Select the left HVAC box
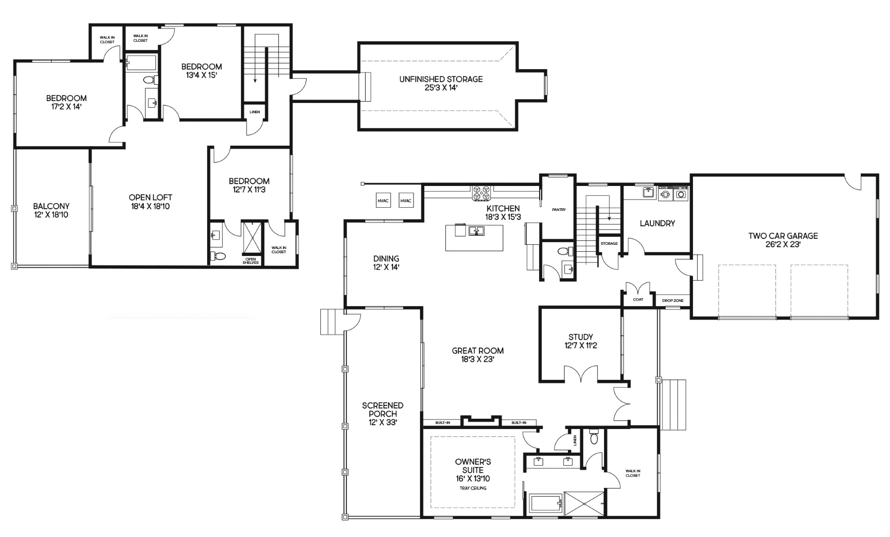point(383,201)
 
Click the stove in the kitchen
point(482,192)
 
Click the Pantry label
point(559,210)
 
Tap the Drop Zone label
point(673,300)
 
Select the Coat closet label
point(638,300)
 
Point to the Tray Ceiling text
point(473,488)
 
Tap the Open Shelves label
point(250,261)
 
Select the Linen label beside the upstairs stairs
point(254,112)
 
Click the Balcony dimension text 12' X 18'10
point(51,215)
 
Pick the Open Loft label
point(150,198)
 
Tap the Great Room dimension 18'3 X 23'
point(478,359)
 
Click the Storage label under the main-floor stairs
point(609,243)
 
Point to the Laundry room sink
point(648,192)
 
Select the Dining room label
point(386,259)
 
